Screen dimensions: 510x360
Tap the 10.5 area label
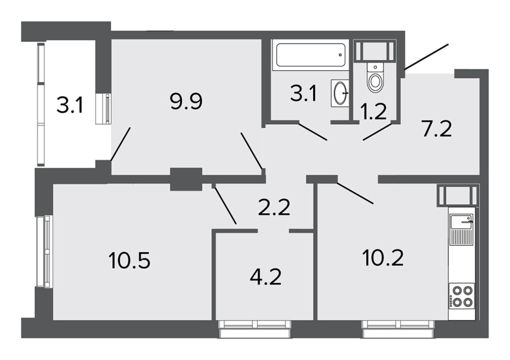point(129,260)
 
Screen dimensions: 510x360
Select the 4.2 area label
point(265,278)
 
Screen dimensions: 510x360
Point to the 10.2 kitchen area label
point(383,258)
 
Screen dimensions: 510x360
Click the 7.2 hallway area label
point(437,129)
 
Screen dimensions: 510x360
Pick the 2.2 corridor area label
point(274,208)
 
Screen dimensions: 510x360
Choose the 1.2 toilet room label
point(373,111)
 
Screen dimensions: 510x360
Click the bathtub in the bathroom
point(310,55)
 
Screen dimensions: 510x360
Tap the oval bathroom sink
point(340,93)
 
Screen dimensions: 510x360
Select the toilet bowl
point(375,78)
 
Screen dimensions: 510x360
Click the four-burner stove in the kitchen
point(462,296)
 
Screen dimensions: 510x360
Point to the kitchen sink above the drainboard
point(462,221)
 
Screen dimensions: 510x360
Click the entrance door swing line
point(426,57)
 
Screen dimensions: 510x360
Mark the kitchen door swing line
point(355,193)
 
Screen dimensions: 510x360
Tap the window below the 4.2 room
point(255,329)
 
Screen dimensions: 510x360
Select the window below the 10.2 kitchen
point(398,329)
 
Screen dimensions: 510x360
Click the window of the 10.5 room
point(44,251)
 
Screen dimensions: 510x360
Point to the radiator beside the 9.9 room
point(104,109)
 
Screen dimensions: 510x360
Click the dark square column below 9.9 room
point(186,179)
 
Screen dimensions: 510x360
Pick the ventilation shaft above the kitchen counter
point(458,195)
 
